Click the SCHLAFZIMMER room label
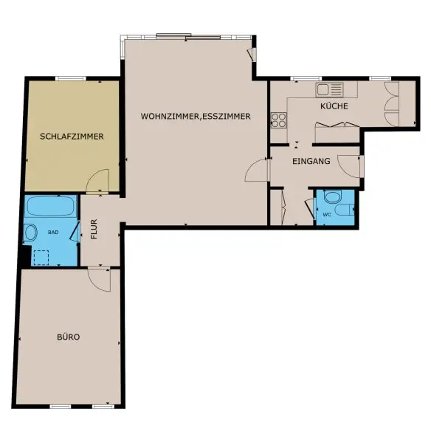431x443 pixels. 72,137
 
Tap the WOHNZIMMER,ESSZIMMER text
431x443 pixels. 196,116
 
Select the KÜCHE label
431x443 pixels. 334,106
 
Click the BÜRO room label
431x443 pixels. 69,337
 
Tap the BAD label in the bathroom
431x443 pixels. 53,232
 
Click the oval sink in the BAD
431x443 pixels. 31,233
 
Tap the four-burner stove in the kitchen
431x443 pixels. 279,118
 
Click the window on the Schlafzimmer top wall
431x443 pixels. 71,78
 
